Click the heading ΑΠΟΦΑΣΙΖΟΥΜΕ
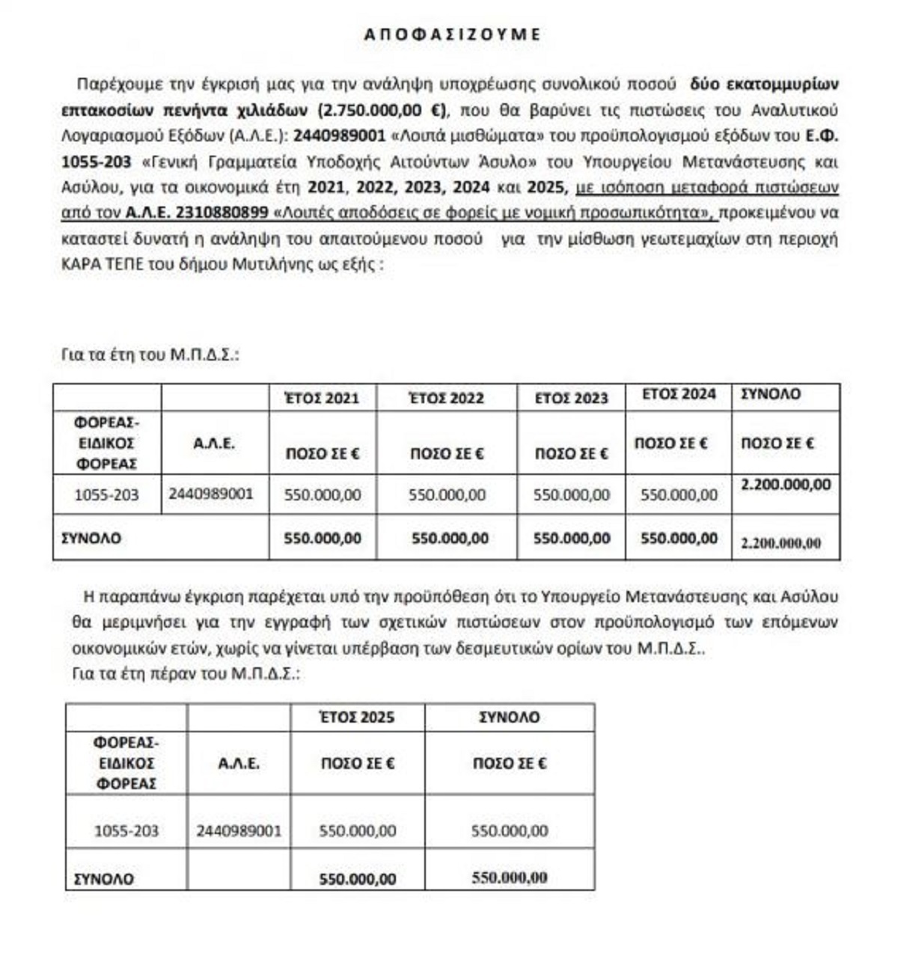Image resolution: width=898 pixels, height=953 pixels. pyautogui.click(x=452, y=34)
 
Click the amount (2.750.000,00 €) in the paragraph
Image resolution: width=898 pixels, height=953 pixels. pyautogui.click(x=382, y=110)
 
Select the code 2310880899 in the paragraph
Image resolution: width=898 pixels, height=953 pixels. pyautogui.click(x=222, y=212)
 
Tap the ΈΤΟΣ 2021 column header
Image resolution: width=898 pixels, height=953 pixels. pyautogui.click(x=323, y=398)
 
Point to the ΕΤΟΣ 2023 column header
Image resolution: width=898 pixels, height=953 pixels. pyautogui.click(x=571, y=398)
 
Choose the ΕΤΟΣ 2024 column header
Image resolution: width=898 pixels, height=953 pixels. pyautogui.click(x=678, y=394)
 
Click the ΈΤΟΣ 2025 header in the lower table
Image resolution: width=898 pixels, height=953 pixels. pyautogui.click(x=357, y=717)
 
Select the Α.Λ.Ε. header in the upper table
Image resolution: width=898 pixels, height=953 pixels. pyautogui.click(x=214, y=443)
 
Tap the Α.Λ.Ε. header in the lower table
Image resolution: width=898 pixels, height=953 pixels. pyautogui.click(x=239, y=764)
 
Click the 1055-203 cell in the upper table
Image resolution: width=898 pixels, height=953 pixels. pyautogui.click(x=106, y=494)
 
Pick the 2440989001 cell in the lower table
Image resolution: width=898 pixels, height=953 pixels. pyautogui.click(x=239, y=831)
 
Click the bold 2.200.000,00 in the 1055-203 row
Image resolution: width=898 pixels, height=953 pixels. pyautogui.click(x=785, y=485)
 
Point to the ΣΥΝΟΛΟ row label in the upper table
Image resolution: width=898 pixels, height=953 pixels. pyautogui.click(x=91, y=539)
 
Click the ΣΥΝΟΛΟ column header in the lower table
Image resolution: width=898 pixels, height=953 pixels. pyautogui.click(x=509, y=717)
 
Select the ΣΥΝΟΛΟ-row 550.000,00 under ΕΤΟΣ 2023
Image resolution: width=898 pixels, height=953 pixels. pyautogui.click(x=571, y=539)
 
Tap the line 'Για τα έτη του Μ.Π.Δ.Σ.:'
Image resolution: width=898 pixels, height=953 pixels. pyautogui.click(x=150, y=355)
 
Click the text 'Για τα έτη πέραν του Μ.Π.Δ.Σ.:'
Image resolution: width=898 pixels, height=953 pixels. pyautogui.click(x=186, y=673)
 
